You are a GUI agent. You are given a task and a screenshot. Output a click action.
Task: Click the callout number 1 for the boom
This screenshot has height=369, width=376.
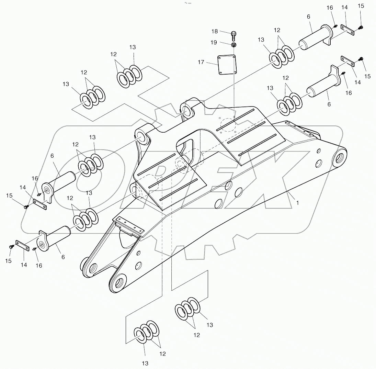click(297, 203)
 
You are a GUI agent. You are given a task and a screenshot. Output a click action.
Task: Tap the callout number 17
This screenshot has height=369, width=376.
click(201, 62)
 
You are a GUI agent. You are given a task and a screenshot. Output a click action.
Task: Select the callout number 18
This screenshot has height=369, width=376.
click(215, 31)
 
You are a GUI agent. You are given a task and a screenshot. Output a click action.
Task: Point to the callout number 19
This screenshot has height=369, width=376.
click(214, 43)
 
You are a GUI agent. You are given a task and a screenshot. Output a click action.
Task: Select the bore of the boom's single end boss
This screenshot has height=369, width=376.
click(340, 158)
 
